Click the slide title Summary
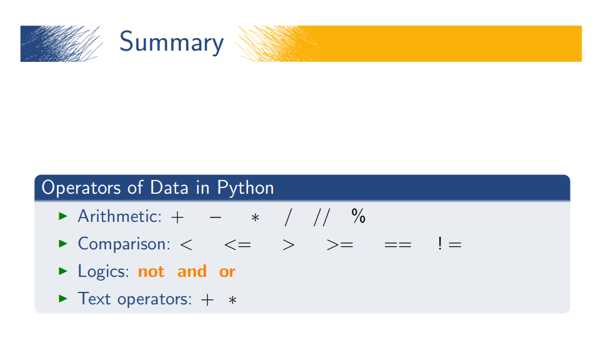coord(171,42)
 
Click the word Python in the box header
coord(246,187)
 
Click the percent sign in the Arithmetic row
coord(358,216)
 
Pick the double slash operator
coord(322,217)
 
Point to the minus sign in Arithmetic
coord(216,217)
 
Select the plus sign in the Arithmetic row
coord(177,217)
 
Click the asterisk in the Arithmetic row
coord(255,217)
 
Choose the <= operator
coord(237,244)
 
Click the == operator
coord(398,244)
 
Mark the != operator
coord(450,244)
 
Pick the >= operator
coord(340,244)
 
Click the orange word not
coord(151,271)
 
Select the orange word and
coord(192,271)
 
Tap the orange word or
coord(227,272)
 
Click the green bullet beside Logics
coord(62,271)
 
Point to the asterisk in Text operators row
coord(232,300)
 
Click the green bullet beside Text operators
coord(62,298)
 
